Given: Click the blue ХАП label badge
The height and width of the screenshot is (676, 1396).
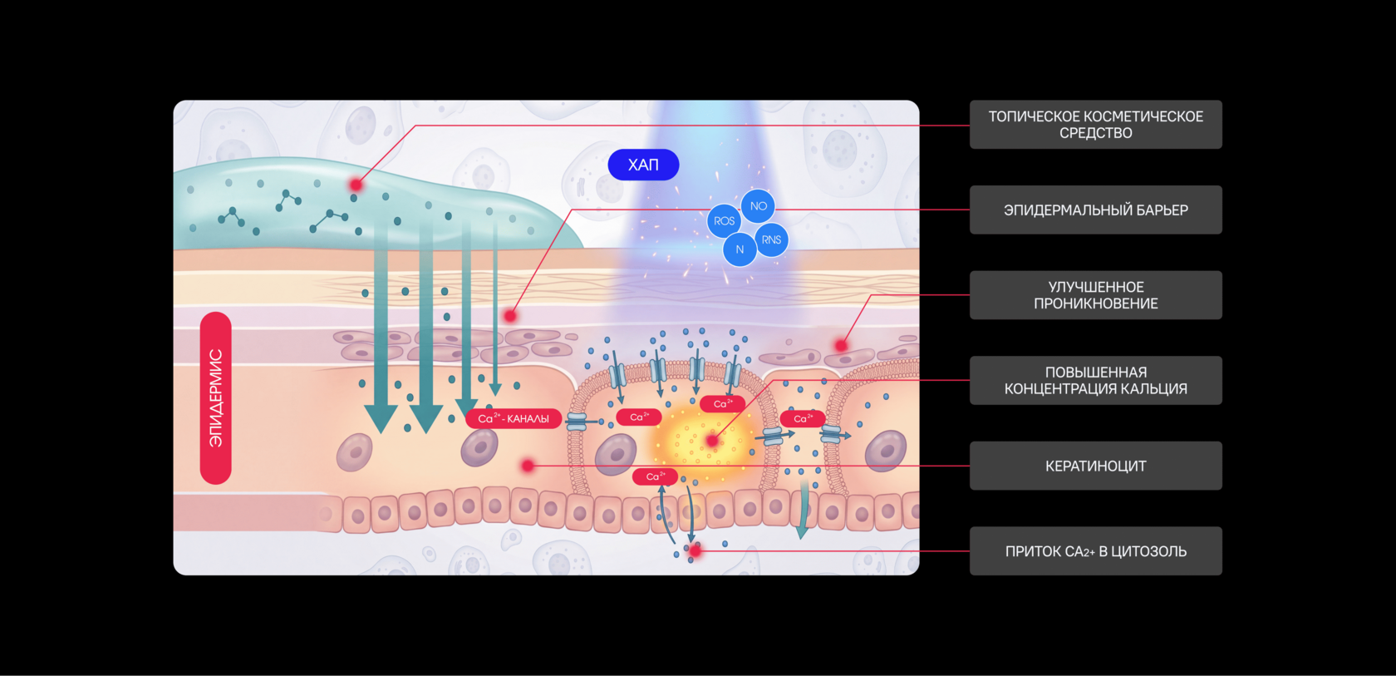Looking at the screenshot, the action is click(x=643, y=165).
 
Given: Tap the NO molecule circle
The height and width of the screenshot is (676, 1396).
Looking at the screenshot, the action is click(x=758, y=206).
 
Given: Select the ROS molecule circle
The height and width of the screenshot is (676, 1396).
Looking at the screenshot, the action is click(x=724, y=221).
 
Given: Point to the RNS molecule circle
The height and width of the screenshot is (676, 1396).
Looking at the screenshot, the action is click(x=771, y=240).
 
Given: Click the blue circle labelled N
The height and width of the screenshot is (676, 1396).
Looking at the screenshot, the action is click(x=740, y=249).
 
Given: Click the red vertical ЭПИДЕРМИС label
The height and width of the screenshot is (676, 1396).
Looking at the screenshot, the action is click(x=216, y=397).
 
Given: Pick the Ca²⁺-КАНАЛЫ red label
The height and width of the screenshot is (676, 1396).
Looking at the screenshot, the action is click(x=514, y=418).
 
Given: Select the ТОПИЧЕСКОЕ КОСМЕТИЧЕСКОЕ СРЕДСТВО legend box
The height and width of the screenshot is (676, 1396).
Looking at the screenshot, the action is click(x=1095, y=125).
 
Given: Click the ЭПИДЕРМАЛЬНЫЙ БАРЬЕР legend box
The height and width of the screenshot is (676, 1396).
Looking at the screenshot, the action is click(x=1095, y=210).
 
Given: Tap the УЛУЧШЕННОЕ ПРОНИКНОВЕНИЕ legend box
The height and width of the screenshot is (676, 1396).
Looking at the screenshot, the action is click(x=1095, y=295).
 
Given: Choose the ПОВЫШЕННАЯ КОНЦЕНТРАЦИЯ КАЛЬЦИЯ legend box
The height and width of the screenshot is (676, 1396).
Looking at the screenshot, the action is click(x=1095, y=381).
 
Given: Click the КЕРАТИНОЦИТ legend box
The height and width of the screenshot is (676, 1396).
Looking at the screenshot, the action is click(x=1095, y=466).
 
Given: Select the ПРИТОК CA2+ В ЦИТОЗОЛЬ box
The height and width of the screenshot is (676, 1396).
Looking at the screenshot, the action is click(x=1095, y=551).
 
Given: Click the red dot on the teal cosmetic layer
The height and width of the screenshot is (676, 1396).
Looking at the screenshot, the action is click(x=356, y=185).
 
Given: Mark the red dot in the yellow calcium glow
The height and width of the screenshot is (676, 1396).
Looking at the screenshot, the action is click(x=711, y=441).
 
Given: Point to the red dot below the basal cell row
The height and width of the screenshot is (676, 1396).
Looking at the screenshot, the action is click(x=695, y=551).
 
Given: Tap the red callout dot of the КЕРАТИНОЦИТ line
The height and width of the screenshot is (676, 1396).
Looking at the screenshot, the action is click(x=528, y=466).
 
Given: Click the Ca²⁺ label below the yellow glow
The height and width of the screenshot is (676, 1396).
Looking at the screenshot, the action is click(x=655, y=477).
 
